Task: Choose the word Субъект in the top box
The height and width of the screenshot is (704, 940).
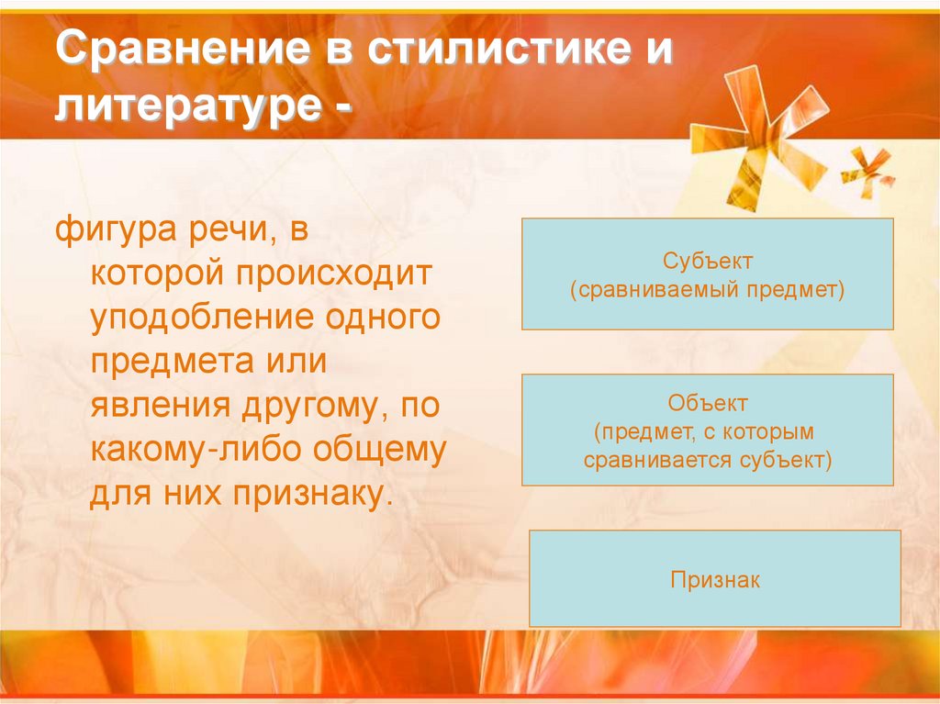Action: click(707, 262)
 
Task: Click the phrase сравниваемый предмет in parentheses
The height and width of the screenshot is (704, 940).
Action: click(707, 291)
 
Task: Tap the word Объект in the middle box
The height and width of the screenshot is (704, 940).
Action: click(707, 403)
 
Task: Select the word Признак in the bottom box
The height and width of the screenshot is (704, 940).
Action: click(715, 581)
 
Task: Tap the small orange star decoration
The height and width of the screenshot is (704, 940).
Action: click(867, 170)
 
